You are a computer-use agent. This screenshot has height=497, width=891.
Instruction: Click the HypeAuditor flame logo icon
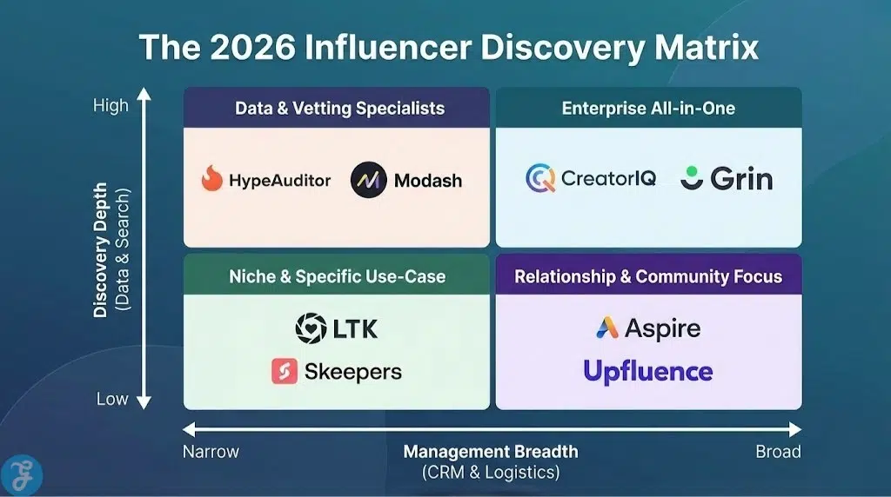[211, 179]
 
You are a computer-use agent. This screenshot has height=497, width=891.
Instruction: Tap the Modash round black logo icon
[368, 180]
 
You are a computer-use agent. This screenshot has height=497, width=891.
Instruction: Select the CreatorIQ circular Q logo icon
[540, 178]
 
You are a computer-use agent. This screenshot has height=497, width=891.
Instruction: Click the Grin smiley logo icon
[693, 177]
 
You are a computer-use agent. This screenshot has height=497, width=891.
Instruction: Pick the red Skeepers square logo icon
[285, 372]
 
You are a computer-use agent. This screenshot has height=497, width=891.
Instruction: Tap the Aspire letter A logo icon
[606, 328]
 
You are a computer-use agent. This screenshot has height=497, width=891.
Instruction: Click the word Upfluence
[647, 371]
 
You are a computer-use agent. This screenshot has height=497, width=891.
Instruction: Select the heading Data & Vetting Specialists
[339, 109]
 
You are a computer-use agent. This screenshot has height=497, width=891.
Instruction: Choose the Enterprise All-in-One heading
[648, 109]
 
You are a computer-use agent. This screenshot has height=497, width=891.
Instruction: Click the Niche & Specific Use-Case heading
[337, 276]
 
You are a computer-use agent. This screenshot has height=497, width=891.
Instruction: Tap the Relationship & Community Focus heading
[648, 276]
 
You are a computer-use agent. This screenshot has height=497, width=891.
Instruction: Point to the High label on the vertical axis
[111, 105]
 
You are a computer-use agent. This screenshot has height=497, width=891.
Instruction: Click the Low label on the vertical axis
[112, 399]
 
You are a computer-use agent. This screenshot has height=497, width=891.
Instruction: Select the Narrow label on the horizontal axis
[211, 451]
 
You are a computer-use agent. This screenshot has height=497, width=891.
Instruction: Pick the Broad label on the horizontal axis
[778, 451]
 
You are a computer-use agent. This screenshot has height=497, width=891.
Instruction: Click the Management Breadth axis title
[490, 451]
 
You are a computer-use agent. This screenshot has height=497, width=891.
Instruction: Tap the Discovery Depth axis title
[102, 250]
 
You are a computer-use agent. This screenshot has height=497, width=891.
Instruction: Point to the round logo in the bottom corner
[22, 474]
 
